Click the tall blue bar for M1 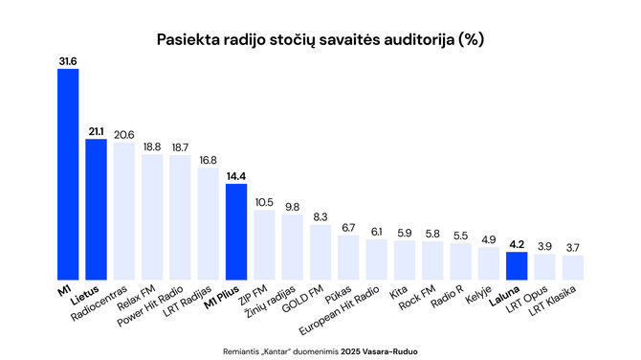(68, 173)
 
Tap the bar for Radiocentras (124, 211)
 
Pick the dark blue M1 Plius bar (236, 231)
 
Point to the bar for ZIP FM (264, 244)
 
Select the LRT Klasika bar (572, 267)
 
